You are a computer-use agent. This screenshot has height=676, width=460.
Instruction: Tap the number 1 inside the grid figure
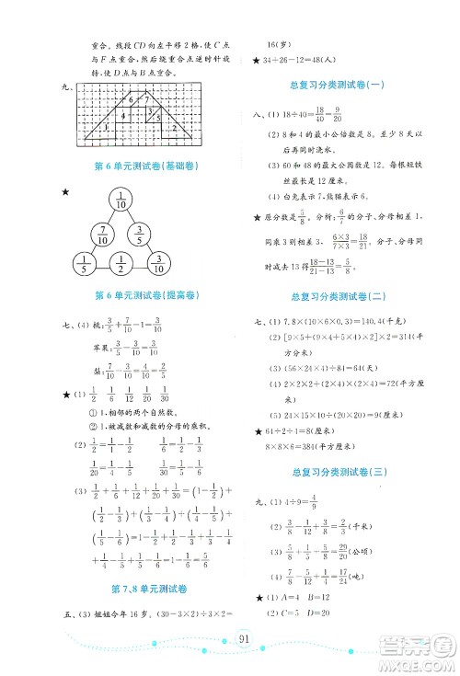coord(108,128)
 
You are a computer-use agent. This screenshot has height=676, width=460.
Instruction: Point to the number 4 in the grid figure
coord(123,116)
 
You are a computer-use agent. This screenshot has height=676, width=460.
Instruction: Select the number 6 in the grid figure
coord(132,99)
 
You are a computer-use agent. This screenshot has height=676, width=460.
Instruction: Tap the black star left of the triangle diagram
coord(63,191)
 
